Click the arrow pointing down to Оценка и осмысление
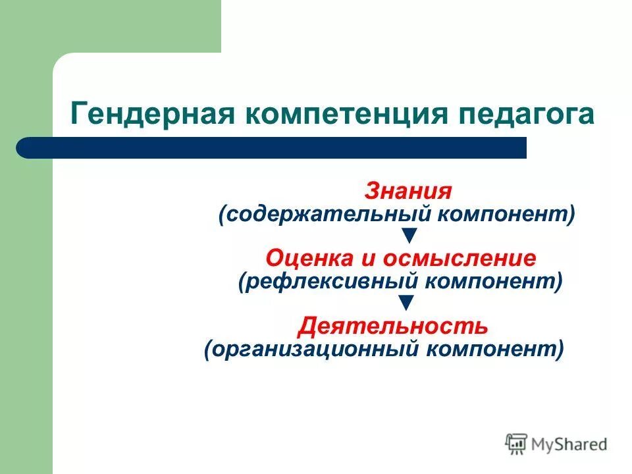click(x=408, y=235)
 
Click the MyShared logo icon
click(x=516, y=444)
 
